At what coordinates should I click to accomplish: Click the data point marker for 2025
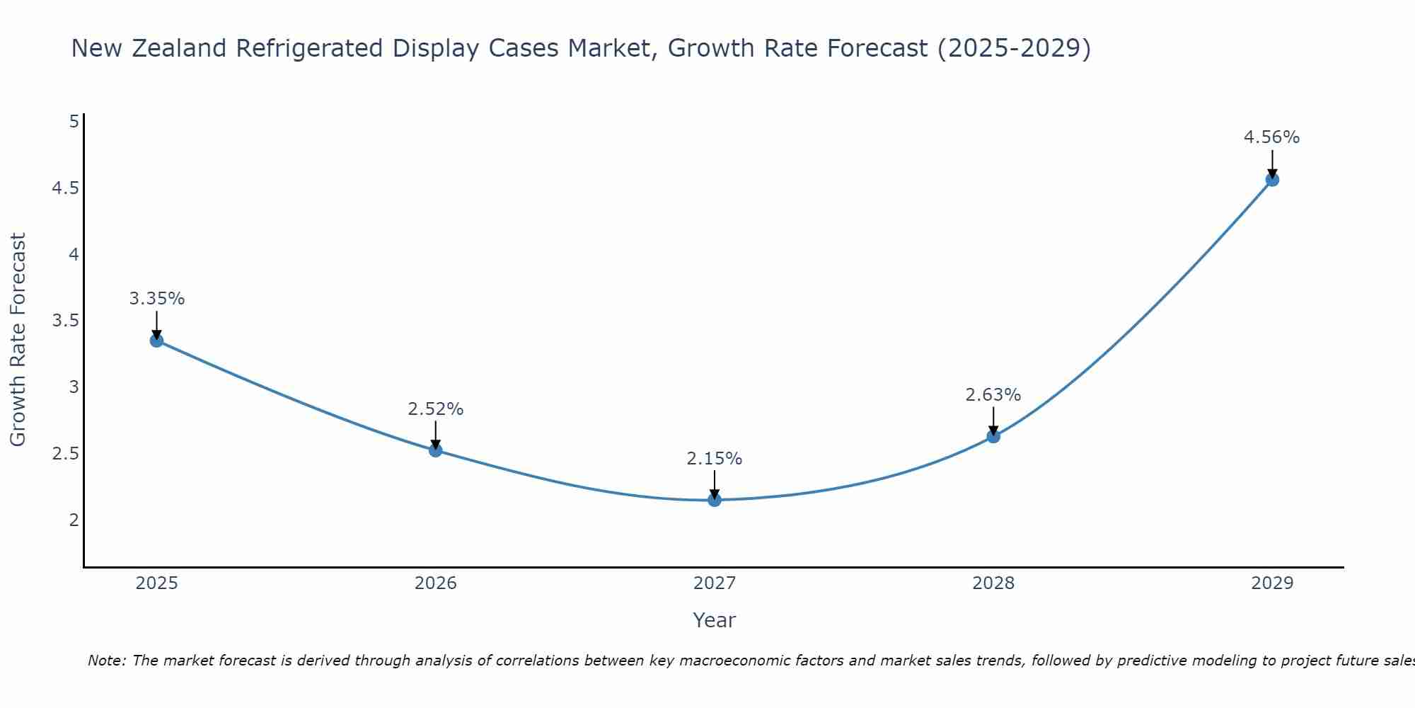point(157,341)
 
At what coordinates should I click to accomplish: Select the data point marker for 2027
point(715,500)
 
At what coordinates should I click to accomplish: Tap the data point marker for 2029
point(1272,180)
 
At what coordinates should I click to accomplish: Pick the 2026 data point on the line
point(436,450)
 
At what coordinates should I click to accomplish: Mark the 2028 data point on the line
point(993,436)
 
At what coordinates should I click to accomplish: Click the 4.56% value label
point(1271,137)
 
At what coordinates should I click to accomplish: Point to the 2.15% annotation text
point(714,459)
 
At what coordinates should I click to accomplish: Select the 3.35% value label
point(156,299)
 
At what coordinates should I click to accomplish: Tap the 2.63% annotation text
point(993,395)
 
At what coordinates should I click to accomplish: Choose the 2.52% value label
point(435,409)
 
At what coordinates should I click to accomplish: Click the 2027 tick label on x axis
point(715,583)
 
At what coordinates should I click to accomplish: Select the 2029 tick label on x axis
point(1272,583)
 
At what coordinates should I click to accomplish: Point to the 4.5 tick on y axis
point(65,188)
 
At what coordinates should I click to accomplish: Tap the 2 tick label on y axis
point(74,520)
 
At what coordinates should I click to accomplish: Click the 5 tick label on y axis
point(74,122)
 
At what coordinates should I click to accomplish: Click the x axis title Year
point(714,620)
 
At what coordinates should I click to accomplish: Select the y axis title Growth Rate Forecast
point(18,340)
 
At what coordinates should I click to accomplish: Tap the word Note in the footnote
point(106,661)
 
